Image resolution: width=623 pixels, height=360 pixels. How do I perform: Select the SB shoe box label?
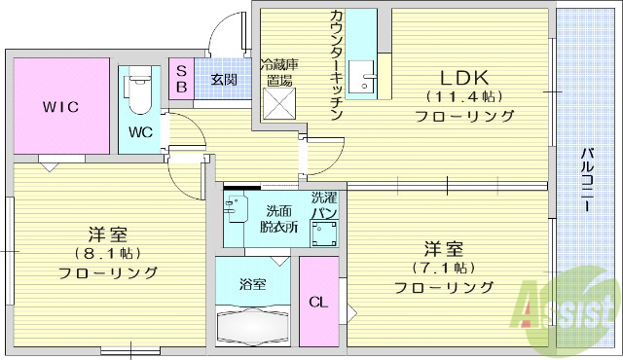(181, 78)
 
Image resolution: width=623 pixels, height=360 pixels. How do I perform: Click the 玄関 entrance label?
(223, 79)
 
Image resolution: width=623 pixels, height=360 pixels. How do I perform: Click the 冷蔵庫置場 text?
(278, 72)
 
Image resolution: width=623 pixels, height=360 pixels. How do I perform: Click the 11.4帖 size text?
(463, 96)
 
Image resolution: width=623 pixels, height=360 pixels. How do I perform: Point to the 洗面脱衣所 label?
(277, 219)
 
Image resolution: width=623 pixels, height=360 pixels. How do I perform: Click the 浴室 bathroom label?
(252, 285)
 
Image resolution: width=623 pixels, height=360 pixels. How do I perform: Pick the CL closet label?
(317, 302)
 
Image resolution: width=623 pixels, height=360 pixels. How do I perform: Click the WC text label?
(140, 132)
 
